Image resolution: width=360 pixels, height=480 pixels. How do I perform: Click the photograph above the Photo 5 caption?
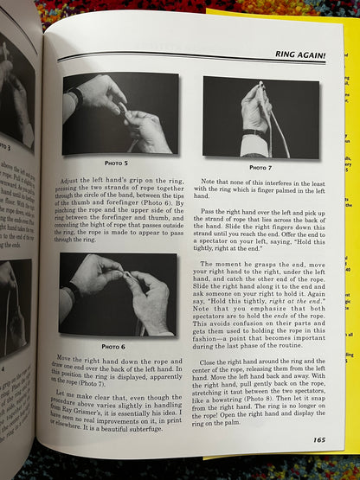click(119, 114)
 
